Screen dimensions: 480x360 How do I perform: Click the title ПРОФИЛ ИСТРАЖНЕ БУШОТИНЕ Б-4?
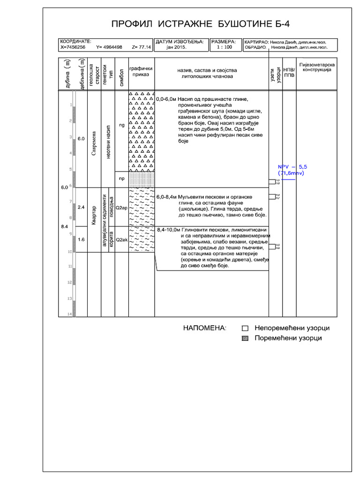197,24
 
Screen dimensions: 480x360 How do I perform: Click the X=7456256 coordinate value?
73,47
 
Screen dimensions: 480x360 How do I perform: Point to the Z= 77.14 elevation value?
142,47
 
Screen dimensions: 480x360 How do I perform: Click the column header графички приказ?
141,71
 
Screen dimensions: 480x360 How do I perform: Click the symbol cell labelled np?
121,179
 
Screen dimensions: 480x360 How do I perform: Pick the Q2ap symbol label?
121,207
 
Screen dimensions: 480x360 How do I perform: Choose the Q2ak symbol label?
121,240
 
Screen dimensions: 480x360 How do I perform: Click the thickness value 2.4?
81,207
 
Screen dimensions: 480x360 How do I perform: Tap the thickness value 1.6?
81,240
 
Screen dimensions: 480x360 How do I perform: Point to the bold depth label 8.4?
64,227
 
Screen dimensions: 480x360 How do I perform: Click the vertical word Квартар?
94,215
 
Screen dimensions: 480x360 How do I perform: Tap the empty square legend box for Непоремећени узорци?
244,329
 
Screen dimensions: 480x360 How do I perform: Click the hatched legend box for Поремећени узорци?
244,338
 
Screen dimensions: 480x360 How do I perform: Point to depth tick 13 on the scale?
69,298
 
